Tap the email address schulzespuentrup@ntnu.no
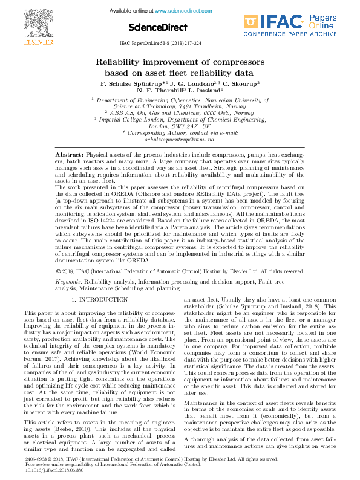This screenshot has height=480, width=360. [x=180, y=139]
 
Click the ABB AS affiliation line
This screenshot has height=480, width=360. [x=180, y=112]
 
